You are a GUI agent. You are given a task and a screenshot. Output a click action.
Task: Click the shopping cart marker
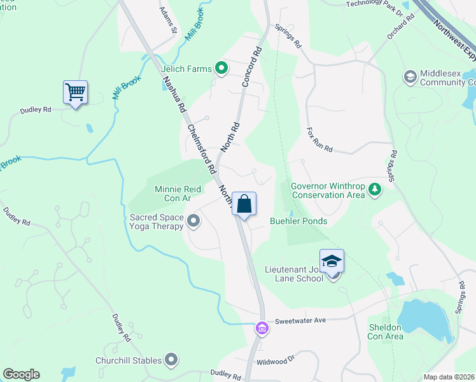pos(75,92)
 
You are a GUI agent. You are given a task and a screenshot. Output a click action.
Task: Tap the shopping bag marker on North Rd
pos(244,204)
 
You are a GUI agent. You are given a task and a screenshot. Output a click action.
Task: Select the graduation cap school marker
pos(331,262)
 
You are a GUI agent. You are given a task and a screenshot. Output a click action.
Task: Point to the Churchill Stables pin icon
pos(171,360)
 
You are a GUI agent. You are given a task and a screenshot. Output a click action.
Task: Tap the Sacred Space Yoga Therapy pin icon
pos(194,222)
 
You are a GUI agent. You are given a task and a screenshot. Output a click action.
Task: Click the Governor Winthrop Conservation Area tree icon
pos(375,189)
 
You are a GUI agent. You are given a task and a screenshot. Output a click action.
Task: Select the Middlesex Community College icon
pos(410,77)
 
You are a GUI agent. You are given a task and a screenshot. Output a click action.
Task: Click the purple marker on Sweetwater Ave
pos(261,329)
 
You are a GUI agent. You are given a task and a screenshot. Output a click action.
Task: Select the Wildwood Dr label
pos(276,360)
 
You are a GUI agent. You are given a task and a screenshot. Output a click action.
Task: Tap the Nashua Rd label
pos(172,95)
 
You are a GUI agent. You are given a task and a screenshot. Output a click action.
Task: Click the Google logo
pos(21,374)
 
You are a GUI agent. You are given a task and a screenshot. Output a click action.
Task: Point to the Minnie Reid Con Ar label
pos(173,194)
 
